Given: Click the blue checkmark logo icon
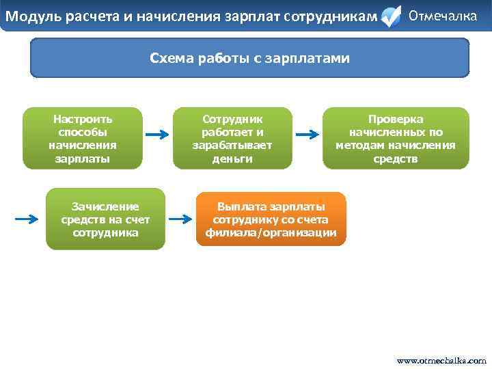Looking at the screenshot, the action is (x=390, y=17).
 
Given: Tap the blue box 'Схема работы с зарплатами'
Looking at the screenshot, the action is (x=249, y=58).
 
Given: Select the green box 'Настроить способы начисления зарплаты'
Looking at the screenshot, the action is (x=83, y=138).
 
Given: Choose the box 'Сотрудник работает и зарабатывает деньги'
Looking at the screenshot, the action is (x=232, y=138).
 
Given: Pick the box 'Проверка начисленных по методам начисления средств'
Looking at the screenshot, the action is (x=396, y=138).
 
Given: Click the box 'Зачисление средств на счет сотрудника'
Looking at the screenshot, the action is (x=105, y=219).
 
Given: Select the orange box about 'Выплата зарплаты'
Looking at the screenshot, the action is (x=271, y=219).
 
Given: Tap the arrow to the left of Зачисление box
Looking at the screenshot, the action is (x=27, y=219).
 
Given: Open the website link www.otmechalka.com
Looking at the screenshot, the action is (x=441, y=360).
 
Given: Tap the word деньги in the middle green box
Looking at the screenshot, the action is (x=232, y=159).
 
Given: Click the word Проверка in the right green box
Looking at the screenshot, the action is (x=396, y=119).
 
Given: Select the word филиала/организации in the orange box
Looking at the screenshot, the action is (x=271, y=232).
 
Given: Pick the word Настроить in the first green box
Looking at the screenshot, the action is (x=83, y=119).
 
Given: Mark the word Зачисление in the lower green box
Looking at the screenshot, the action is (x=105, y=206).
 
